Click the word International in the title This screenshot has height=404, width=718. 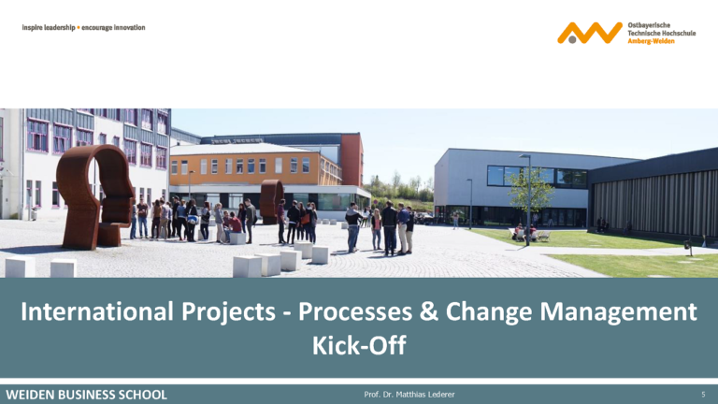(x=97, y=311)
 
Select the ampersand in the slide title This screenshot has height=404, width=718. (x=428, y=311)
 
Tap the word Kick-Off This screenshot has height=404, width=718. (x=359, y=345)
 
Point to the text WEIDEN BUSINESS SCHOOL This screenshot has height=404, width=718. (x=87, y=395)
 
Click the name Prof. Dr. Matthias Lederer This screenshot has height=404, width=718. (x=409, y=395)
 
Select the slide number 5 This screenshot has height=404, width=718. (x=703, y=395)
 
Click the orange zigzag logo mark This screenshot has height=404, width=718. (x=590, y=33)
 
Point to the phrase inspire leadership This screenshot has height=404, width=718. (x=49, y=27)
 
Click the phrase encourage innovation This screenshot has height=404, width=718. (x=113, y=27)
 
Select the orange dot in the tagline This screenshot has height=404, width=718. (x=79, y=27)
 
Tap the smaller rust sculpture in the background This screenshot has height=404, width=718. (x=271, y=201)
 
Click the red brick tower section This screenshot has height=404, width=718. (x=352, y=160)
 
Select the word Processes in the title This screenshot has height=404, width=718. (x=355, y=311)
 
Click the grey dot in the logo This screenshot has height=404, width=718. (x=572, y=39)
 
